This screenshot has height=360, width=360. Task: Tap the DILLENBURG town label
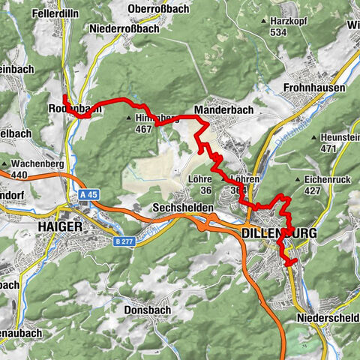click(279, 234)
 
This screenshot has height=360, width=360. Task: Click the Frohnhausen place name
click(314, 88)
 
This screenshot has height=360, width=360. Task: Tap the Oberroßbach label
click(158, 8)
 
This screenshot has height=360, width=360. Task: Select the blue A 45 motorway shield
click(88, 194)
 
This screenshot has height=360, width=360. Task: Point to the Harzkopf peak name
click(291, 21)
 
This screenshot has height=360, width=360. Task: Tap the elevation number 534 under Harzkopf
click(280, 32)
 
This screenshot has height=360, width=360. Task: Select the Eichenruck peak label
click(328, 180)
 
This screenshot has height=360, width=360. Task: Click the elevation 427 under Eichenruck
click(315, 191)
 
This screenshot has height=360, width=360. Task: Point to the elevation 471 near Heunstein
click(328, 149)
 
